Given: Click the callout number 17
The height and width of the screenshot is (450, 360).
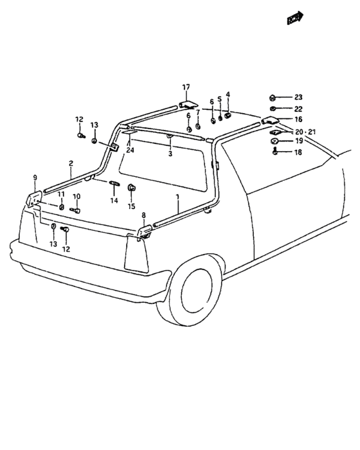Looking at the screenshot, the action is tap(186, 87).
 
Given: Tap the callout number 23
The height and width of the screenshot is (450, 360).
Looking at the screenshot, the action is tap(298, 97).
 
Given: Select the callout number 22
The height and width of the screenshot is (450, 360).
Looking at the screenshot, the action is tap(298, 109).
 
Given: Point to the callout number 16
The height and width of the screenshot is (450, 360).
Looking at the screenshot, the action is tap(298, 119).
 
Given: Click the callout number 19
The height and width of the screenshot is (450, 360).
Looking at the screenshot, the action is tap(299, 141).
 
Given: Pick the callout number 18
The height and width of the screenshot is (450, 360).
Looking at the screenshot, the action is tap(298, 152).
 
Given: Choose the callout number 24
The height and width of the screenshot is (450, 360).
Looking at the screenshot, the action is tap(130, 150).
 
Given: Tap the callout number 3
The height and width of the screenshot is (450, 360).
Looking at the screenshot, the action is tap(170, 154).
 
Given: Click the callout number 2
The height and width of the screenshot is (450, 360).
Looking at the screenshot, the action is tap(71, 163).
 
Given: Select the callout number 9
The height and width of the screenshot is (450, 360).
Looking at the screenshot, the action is tap(35, 177).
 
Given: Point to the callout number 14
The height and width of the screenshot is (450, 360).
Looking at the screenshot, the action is tap(114, 201).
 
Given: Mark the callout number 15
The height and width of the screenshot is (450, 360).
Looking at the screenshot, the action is tap(132, 206).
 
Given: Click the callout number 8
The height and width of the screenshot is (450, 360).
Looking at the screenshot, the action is tap(143, 215).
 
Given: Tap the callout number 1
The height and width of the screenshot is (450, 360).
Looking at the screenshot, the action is tap(177, 197).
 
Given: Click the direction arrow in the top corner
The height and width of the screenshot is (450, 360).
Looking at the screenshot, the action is tap(295, 18).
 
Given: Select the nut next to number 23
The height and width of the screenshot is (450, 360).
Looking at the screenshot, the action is tap(273, 98).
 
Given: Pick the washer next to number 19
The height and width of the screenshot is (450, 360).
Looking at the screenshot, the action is tap(274, 141).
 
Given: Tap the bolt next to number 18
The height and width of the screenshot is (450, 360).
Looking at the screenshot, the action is tap(275, 150).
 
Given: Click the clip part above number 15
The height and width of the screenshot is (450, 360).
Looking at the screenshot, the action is tap(132, 188).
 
